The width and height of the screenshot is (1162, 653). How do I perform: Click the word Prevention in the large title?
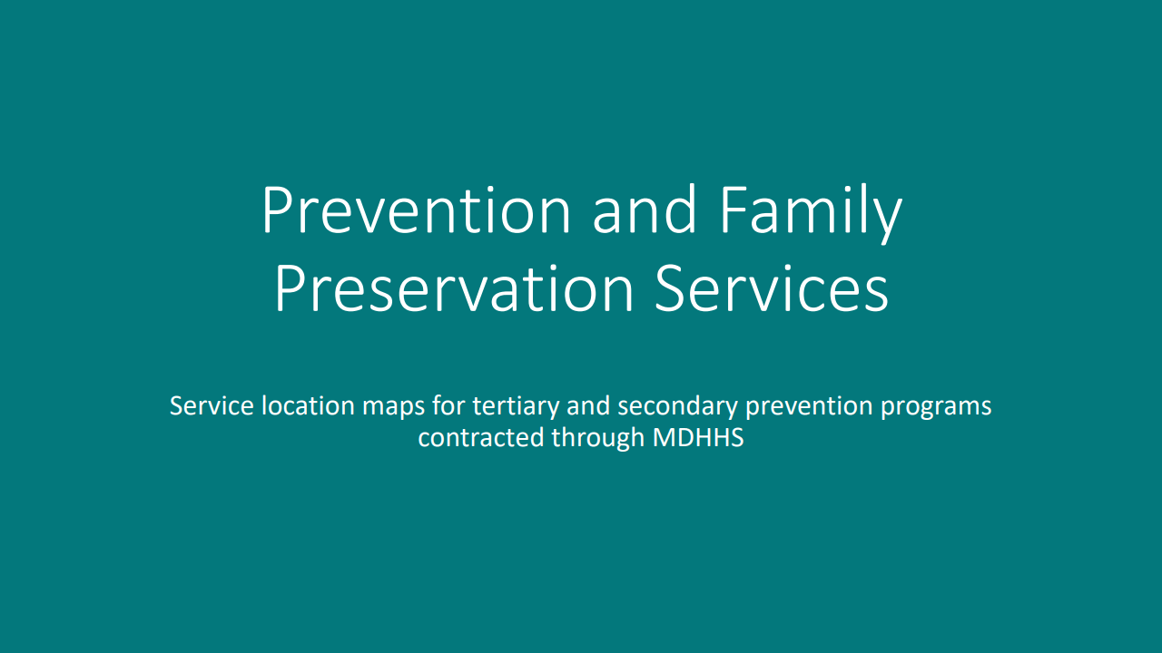point(416,210)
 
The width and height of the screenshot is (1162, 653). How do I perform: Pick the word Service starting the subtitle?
point(212,405)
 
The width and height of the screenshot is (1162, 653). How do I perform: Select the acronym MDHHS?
point(698,437)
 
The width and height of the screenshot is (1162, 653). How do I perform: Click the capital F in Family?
point(733,210)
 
